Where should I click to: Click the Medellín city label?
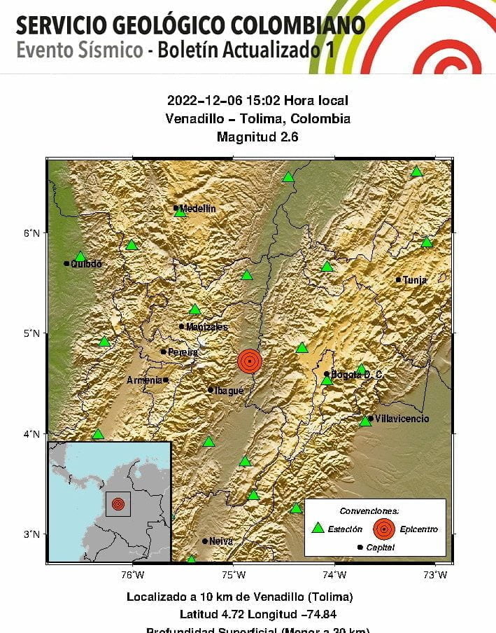198,209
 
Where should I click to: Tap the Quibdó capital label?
86,264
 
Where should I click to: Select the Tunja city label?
414,280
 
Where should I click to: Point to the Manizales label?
206,327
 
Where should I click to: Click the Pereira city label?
183,352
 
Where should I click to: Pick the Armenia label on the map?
144,380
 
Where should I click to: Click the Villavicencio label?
402,419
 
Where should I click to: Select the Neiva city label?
221,541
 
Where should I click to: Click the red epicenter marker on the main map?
250,361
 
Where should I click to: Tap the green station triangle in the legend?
318,529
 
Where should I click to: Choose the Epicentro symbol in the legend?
383,529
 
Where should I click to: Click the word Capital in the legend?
381,548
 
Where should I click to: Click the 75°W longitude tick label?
234,576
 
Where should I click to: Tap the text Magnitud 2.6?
257,137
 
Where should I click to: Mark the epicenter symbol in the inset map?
118,503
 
